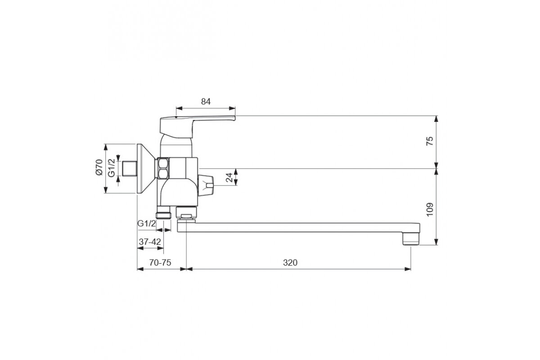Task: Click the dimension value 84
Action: tap(206, 102)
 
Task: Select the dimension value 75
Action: tap(430, 141)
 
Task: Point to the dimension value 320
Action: tap(291, 263)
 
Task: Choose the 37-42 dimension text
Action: tap(150, 242)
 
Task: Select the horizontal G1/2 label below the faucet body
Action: tap(147, 223)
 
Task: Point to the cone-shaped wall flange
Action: tap(146, 169)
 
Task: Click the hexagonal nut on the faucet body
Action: tap(163, 168)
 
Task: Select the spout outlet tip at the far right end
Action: tap(410, 238)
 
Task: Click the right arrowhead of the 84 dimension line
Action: tap(233, 108)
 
